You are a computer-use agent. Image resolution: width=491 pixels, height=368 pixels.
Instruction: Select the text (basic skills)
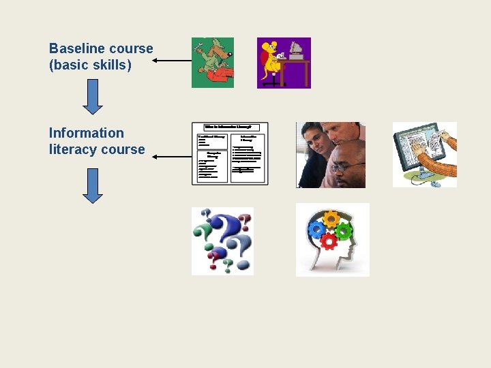[x=90, y=66]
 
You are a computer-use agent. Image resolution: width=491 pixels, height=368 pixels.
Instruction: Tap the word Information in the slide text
[x=87, y=133]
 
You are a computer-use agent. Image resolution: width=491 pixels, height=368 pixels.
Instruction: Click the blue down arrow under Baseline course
[x=93, y=97]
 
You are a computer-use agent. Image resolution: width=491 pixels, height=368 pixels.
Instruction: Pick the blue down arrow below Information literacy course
[x=93, y=185]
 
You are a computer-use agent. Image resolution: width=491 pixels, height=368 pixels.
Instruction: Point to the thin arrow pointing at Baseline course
[x=171, y=61]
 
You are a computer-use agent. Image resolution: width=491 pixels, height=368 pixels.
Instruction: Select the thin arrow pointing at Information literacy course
[x=171, y=157]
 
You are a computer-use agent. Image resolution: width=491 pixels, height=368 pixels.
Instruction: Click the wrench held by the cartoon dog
[x=199, y=48]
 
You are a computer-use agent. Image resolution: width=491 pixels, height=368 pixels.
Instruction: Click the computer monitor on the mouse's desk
[x=295, y=50]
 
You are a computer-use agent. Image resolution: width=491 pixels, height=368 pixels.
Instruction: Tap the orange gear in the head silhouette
[x=331, y=219]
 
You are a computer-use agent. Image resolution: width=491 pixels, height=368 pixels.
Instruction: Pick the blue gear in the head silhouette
[x=317, y=228]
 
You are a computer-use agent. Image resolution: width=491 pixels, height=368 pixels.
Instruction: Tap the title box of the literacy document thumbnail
[x=230, y=127]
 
